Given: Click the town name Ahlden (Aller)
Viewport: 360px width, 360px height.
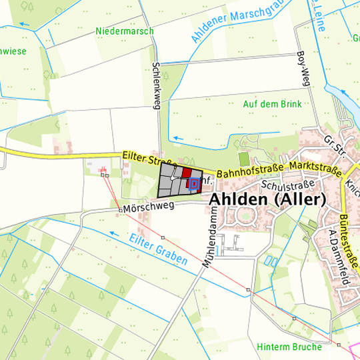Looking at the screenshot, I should (267, 200).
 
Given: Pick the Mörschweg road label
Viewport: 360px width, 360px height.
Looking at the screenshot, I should (149, 207).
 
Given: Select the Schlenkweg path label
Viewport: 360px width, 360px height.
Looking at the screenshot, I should (157, 86).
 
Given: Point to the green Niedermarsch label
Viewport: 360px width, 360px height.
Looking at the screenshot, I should (124, 31).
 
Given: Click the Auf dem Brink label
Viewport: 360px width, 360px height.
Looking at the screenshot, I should (272, 104).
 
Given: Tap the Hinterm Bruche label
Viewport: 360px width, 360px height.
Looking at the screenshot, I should (289, 347).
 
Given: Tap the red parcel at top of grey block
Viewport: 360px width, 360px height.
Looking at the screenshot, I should (187, 171).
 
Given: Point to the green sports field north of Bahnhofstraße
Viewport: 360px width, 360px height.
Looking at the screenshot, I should (243, 159).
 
